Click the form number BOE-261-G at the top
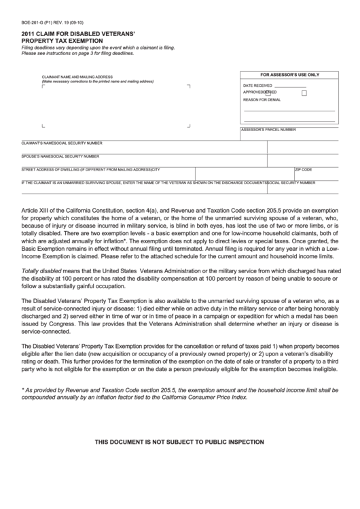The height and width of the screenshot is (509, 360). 33,21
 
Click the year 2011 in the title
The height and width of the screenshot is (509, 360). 28,33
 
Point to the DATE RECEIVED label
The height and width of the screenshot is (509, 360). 258,85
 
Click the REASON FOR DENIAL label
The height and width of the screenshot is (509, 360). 262,99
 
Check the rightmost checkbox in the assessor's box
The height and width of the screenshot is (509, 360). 304,92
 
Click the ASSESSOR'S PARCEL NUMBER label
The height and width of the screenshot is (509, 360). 268,129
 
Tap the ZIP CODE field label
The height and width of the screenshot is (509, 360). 303,169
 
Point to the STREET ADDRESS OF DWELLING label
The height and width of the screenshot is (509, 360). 61,169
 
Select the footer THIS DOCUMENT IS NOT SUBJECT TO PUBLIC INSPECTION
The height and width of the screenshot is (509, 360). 179,442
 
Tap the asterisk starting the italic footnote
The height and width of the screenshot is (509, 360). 23,389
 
